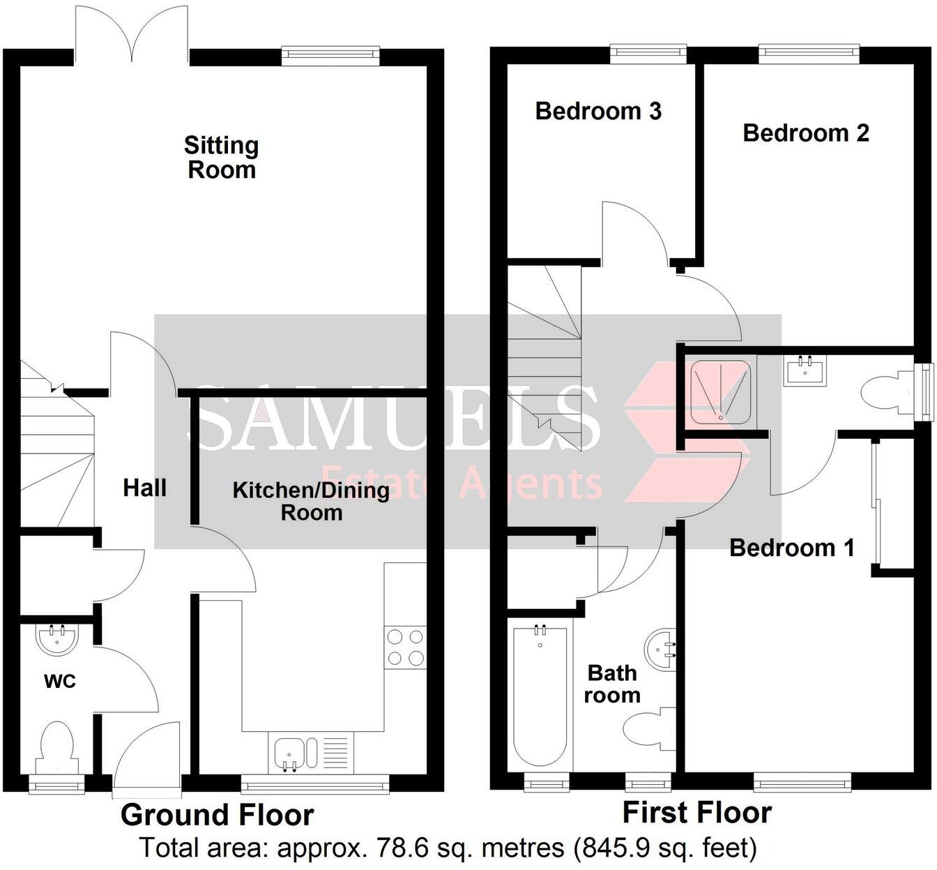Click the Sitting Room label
222,158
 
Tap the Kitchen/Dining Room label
311,501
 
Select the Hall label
145,488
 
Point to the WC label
60,682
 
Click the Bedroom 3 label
598,111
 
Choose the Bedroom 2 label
806,133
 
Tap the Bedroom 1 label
792,548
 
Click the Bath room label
612,684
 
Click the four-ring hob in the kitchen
405,647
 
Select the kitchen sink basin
288,753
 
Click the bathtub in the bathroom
540,694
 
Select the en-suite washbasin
806,370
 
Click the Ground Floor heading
218,815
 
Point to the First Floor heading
696,813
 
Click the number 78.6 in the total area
401,849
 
